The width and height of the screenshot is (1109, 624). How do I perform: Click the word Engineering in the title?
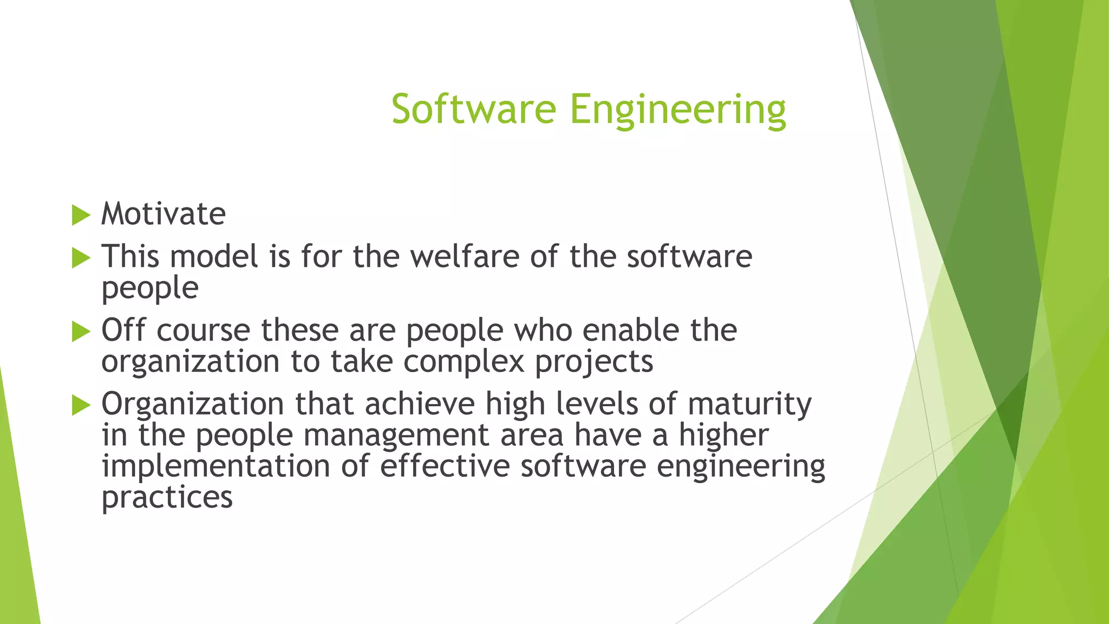pyautogui.click(x=677, y=110)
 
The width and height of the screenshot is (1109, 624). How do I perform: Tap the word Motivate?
pyautogui.click(x=164, y=214)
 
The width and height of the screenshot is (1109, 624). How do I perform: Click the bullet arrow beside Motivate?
pyautogui.click(x=81, y=215)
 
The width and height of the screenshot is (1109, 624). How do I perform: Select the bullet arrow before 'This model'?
pyautogui.click(x=81, y=258)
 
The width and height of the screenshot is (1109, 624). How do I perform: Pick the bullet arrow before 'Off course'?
pyautogui.click(x=81, y=331)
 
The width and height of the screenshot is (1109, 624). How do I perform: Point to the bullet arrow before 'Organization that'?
pyautogui.click(x=81, y=405)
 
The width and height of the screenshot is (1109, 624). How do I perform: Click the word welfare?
pyautogui.click(x=465, y=256)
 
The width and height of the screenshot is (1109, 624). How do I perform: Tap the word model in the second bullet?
pyautogui.click(x=214, y=256)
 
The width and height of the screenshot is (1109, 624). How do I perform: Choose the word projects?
pyautogui.click(x=594, y=362)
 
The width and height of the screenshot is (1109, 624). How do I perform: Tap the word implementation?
pyautogui.click(x=216, y=466)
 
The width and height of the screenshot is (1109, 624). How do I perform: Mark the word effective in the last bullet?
pyautogui.click(x=445, y=466)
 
